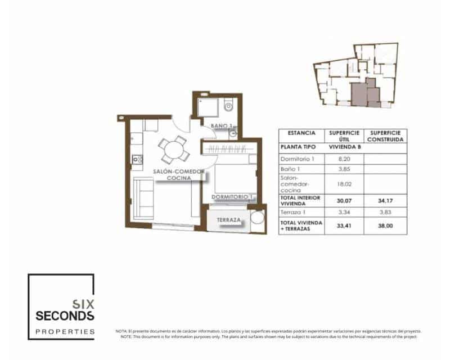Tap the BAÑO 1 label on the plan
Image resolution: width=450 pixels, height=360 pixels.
(222, 125)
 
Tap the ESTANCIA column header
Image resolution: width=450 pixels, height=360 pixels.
(301, 133)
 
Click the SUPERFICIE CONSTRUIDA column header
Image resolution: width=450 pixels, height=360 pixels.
(386, 136)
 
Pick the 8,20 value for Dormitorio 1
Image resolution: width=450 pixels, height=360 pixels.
(343, 159)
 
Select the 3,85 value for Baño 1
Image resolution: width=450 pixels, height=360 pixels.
(343, 169)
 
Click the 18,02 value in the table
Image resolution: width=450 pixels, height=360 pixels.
(343, 183)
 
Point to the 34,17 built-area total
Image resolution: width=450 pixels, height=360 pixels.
(386, 200)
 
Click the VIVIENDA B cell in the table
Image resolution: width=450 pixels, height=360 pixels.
(343, 147)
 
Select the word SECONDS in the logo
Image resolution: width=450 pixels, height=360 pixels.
(61, 316)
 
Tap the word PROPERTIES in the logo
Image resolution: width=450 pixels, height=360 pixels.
(65, 332)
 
